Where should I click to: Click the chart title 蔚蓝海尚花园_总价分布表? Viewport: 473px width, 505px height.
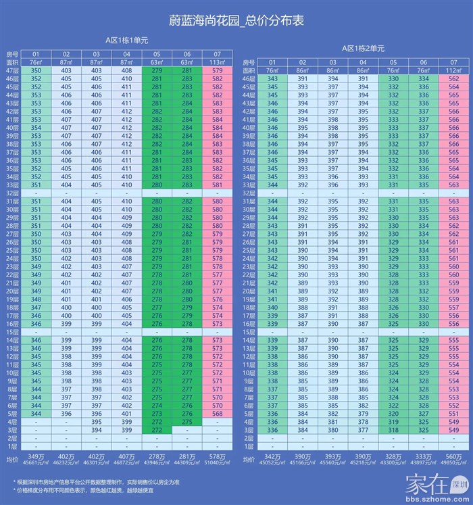[236, 21]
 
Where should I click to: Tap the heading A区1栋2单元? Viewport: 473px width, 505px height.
[363, 49]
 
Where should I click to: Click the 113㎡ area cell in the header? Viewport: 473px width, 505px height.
[217, 62]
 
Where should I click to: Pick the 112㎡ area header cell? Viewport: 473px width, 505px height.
[453, 70]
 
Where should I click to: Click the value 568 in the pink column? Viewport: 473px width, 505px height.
[217, 413]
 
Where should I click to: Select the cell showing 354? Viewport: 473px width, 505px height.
[36, 127]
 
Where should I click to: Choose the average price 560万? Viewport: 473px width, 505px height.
[453, 457]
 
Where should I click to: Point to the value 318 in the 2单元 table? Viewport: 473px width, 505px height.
[394, 429]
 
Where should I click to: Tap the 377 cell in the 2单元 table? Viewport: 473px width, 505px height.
[363, 429]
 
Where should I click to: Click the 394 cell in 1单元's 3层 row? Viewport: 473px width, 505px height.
[97, 429]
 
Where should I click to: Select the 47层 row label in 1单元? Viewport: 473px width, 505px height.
[12, 70]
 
